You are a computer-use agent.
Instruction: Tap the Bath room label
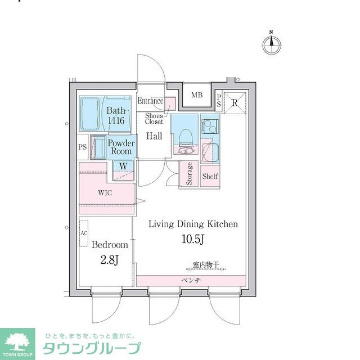[116, 115]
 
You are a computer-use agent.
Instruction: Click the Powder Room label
[121, 147]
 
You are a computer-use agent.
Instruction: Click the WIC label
[105, 192]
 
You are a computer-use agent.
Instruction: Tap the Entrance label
[150, 101]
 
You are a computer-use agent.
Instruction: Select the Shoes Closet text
[154, 118]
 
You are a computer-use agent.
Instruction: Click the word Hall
[154, 136]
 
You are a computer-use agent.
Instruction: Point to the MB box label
[196, 95]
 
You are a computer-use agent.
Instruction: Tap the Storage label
[190, 173]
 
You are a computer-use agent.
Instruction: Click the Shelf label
[210, 176]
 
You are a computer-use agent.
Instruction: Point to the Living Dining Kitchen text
[192, 224]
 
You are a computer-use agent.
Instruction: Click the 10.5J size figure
[193, 240]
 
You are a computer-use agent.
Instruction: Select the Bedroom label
[110, 245]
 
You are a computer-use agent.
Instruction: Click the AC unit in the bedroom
[84, 233]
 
